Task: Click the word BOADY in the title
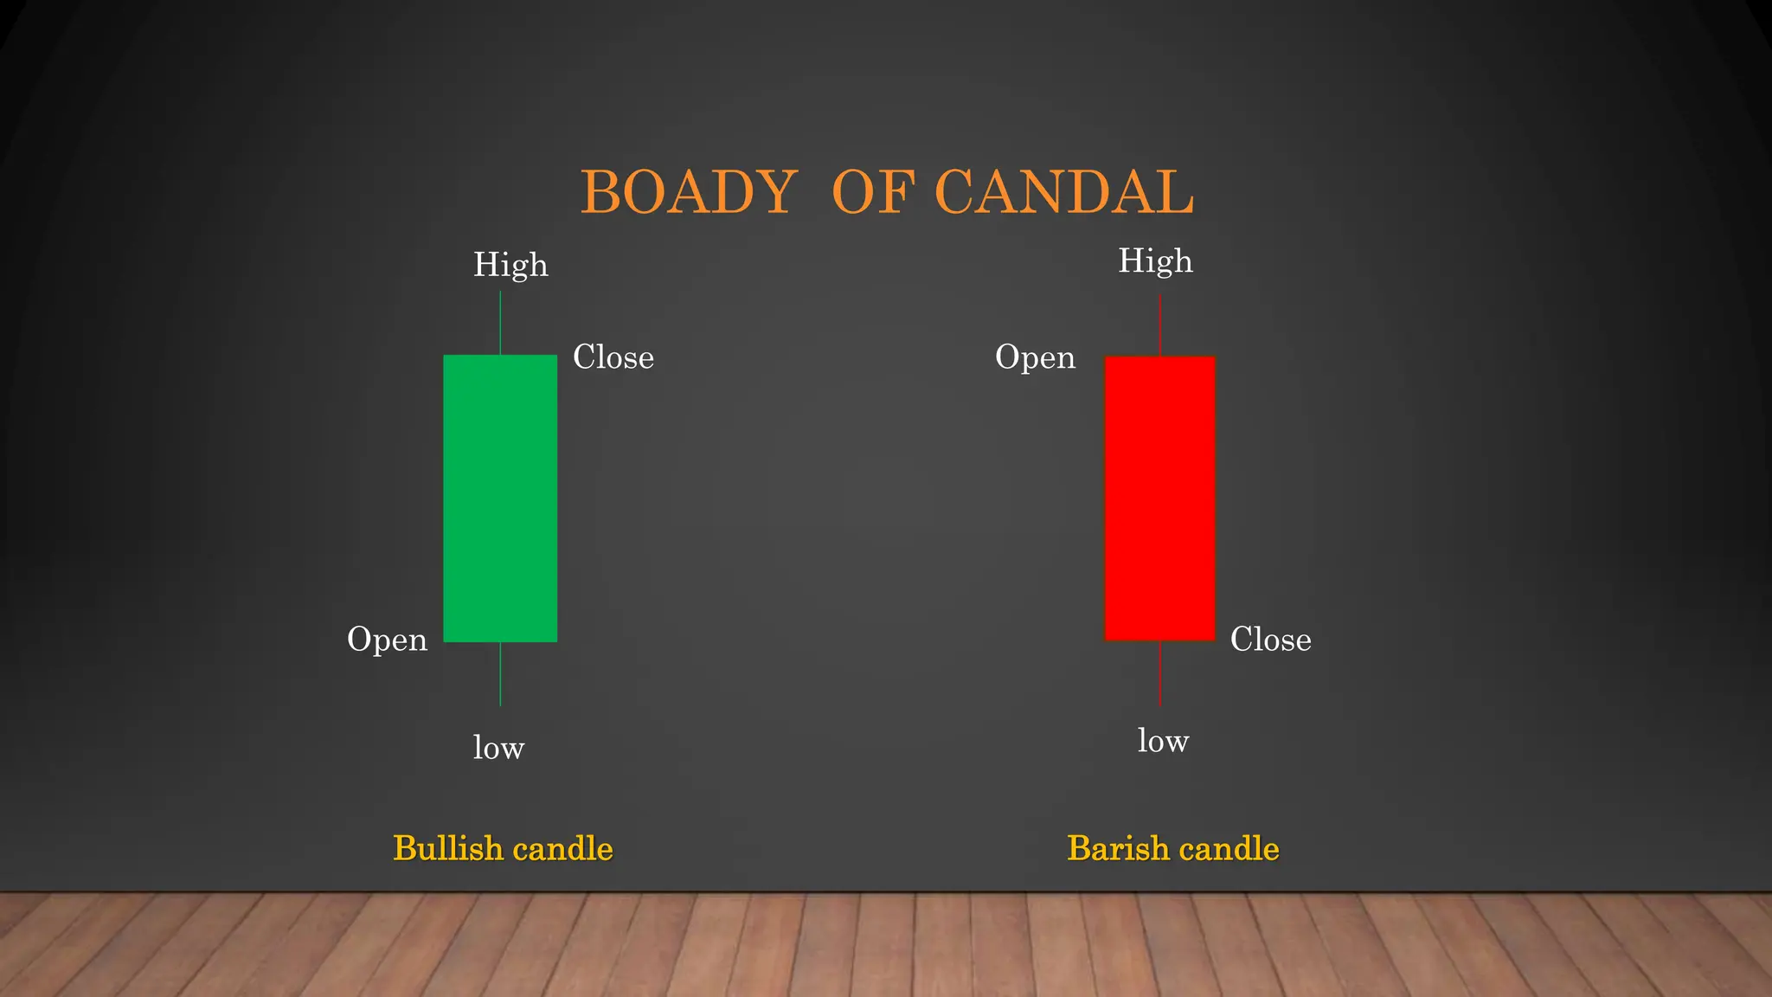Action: pos(688,192)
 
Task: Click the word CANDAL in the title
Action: pos(1064,192)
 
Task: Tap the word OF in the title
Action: pos(872,192)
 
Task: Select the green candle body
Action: pos(500,498)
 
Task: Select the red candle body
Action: pos(1159,498)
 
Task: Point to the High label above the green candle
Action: pos(510,265)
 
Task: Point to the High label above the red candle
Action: pos(1155,261)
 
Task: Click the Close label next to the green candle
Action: pos(613,357)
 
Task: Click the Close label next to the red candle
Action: pos(1270,640)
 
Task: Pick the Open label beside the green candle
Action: pos(387,640)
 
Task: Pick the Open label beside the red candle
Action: pos(1035,357)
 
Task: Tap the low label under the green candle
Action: pos(498,748)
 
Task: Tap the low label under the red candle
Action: pos(1163,741)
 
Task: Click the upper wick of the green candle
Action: pos(500,323)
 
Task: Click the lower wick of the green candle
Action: pos(500,674)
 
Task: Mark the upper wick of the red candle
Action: pos(1159,325)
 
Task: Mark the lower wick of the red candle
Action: pos(1159,673)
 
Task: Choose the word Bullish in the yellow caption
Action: pos(447,849)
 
